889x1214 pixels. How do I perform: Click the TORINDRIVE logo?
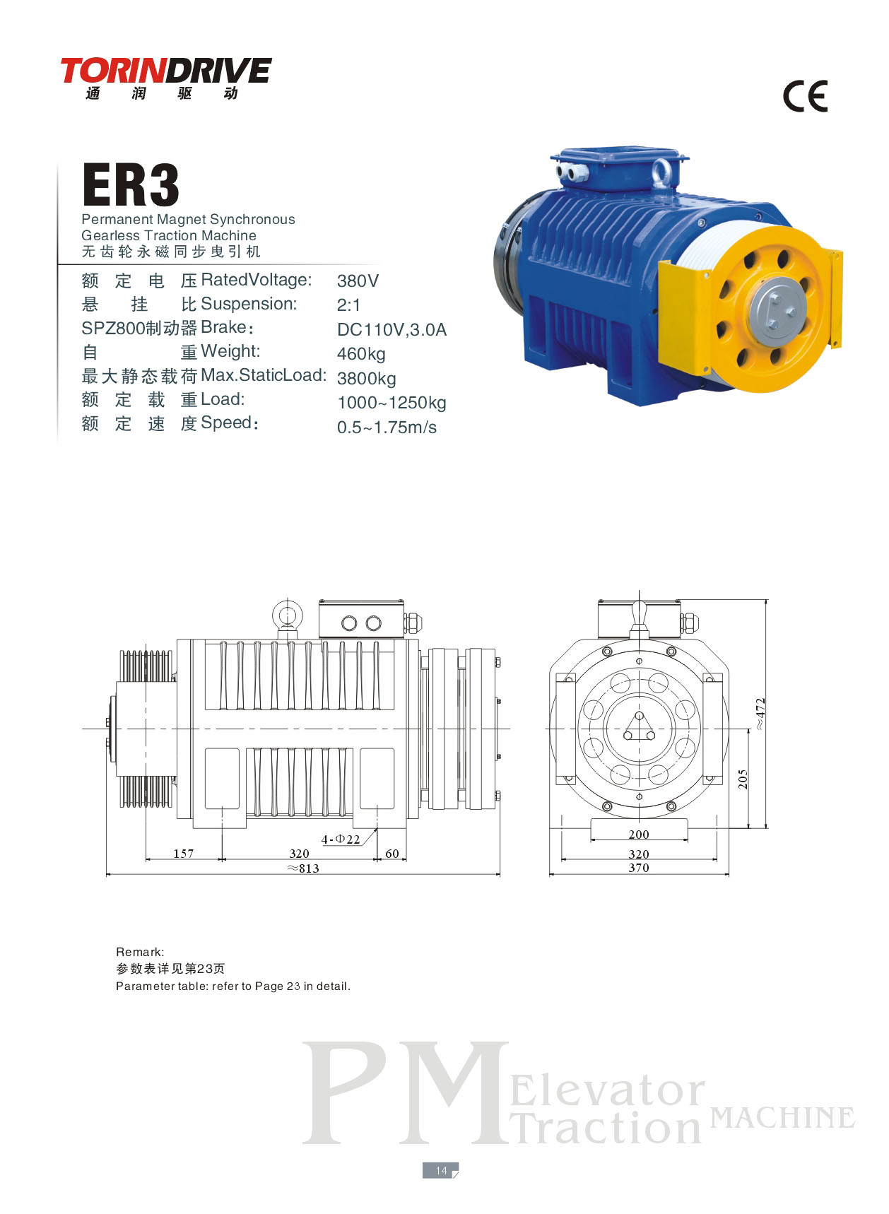click(165, 78)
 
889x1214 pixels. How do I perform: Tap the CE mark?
click(805, 97)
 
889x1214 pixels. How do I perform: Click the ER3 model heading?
click(131, 185)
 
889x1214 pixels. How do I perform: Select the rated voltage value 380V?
click(358, 281)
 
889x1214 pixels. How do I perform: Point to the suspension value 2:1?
click(349, 305)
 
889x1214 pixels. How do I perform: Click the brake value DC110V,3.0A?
click(391, 330)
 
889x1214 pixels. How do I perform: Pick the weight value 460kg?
click(361, 354)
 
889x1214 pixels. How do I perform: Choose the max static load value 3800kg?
click(366, 379)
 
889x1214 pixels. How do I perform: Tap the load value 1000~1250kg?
click(391, 403)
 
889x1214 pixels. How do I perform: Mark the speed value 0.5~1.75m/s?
click(387, 428)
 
